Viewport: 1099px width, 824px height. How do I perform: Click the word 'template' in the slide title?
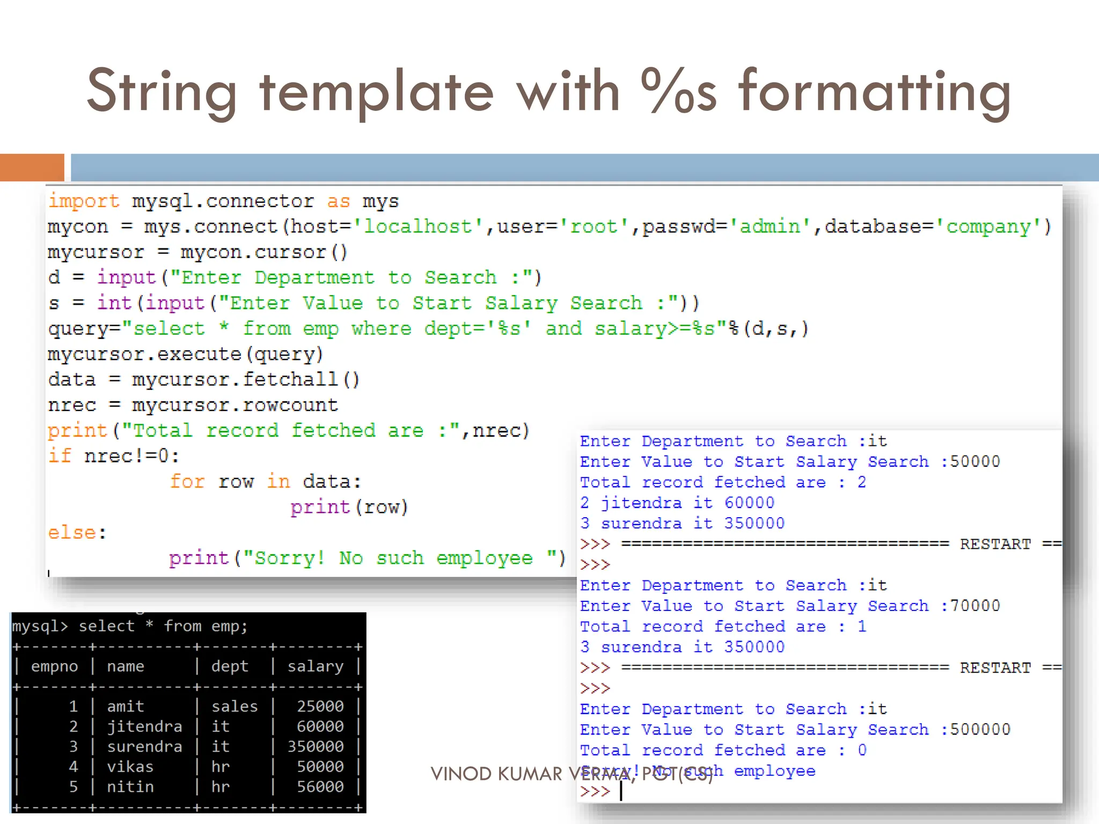coord(376,91)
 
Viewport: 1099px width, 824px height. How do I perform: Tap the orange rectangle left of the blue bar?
coord(32,167)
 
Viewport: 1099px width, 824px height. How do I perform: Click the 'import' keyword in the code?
coord(84,201)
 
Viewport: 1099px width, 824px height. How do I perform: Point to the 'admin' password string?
coord(770,226)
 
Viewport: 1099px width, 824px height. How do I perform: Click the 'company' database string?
coord(988,226)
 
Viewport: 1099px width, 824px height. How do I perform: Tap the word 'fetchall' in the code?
coord(290,379)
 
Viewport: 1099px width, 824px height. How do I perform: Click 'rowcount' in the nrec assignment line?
coord(290,405)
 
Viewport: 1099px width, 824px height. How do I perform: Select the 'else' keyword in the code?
coord(72,533)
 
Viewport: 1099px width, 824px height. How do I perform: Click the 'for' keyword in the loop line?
coord(187,481)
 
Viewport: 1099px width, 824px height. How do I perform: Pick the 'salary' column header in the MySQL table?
coord(316,666)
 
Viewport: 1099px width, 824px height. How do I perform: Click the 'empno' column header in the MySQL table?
coord(54,666)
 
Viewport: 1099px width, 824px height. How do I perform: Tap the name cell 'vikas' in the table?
coord(130,767)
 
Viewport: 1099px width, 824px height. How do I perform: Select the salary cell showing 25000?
coord(320,706)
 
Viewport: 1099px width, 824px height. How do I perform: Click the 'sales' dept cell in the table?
coord(235,706)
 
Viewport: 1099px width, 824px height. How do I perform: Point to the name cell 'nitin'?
coord(130,786)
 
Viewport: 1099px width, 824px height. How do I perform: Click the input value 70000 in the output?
coord(975,606)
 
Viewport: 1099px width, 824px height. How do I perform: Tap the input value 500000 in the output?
coord(980,730)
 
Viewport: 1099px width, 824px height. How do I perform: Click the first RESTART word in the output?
coord(995,544)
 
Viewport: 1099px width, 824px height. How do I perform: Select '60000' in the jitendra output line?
coord(749,503)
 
